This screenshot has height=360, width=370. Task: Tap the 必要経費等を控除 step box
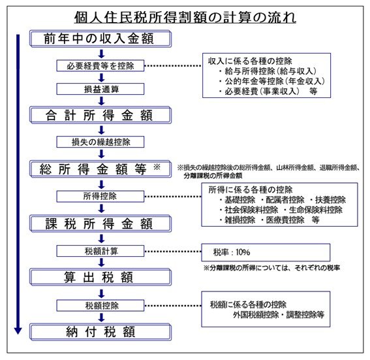coord(100,65)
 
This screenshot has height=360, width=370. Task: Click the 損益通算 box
coord(100,89)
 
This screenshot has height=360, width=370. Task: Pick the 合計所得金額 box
coord(100,115)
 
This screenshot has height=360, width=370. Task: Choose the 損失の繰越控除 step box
coord(100,141)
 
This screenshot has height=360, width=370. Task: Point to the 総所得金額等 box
coord(100,169)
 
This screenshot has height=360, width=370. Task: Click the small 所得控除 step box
coord(100,195)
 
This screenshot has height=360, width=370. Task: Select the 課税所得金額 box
coord(100,223)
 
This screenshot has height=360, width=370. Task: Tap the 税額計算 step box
coord(100,251)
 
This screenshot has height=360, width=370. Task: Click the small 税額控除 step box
coord(100,305)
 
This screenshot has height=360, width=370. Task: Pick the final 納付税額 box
coord(100,331)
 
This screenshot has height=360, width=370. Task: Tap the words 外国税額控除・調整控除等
coord(277,314)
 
